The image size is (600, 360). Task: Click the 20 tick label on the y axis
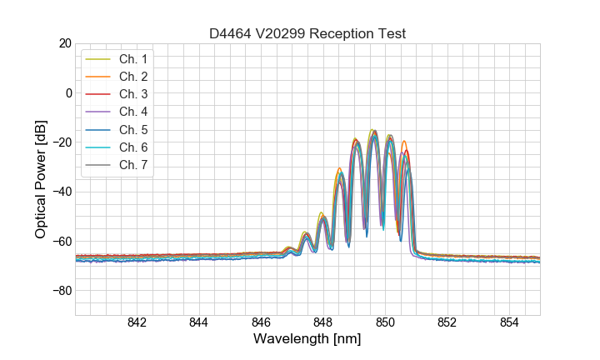(64, 43)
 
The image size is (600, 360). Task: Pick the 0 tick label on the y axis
(67, 92)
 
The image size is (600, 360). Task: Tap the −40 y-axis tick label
(61, 192)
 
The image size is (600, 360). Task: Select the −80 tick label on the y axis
(61, 291)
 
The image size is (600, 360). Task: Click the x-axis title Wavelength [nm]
(307, 340)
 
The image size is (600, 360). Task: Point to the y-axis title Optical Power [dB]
(40, 179)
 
